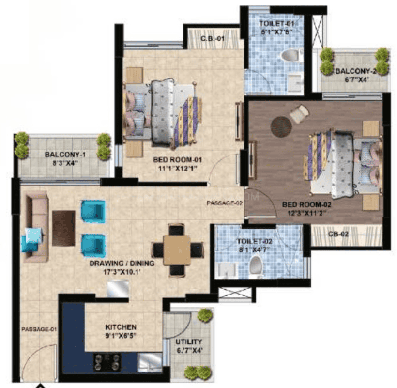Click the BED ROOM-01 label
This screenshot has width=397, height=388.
(177, 160)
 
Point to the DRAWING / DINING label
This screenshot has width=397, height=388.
(122, 264)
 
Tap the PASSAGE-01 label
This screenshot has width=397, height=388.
(39, 330)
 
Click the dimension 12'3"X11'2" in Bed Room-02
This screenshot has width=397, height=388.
(307, 213)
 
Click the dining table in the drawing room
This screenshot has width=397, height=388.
(177, 250)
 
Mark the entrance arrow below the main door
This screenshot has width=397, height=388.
(42, 386)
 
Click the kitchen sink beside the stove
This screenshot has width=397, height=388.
(149, 361)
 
